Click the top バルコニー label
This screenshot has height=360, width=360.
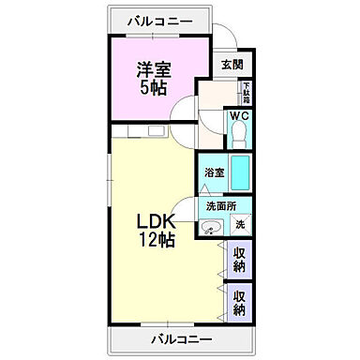[x=156, y=20]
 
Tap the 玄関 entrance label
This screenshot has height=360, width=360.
[x=232, y=65]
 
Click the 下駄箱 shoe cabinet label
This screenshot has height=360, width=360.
[x=246, y=94]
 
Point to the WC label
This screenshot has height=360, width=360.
[x=238, y=118]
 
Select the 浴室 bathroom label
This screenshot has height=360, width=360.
[x=214, y=172]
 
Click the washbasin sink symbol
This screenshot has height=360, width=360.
[x=212, y=226]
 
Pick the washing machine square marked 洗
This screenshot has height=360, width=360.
[x=239, y=224]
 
